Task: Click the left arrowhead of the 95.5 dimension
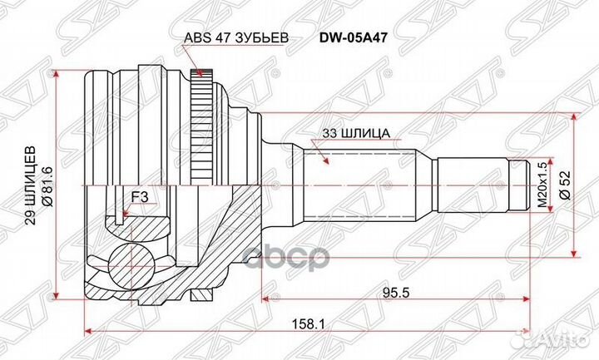tap(265, 297)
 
